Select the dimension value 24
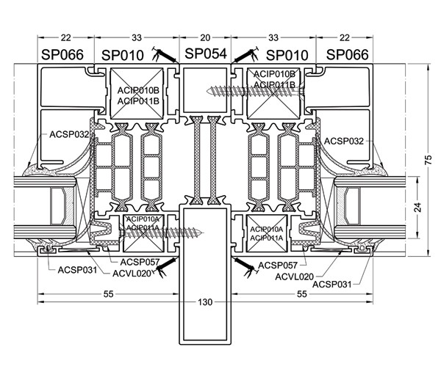tap(417, 208)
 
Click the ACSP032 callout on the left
tap(70, 134)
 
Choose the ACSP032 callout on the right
tap(345, 140)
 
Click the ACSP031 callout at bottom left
tap(77, 270)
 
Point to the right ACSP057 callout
tap(279, 264)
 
